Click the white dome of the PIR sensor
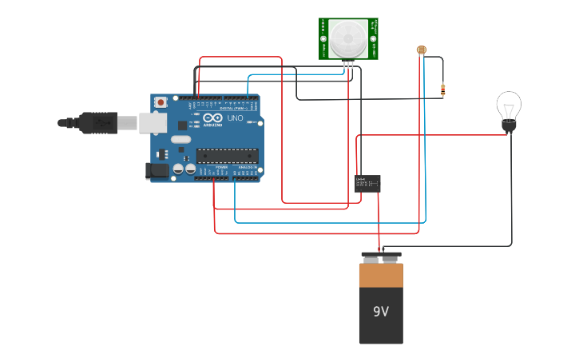348,37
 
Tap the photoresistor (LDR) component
422,50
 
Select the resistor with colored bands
442,90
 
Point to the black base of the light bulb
509,125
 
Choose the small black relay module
367,183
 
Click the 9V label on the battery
381,312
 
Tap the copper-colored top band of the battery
381,275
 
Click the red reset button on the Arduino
161,102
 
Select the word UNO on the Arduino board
235,118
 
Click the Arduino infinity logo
212,117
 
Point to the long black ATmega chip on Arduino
228,156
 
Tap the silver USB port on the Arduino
153,122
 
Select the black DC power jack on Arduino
157,170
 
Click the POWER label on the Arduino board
221,167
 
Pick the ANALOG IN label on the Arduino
248,167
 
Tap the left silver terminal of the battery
371,257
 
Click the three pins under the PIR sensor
349,65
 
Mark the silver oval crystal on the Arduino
181,139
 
